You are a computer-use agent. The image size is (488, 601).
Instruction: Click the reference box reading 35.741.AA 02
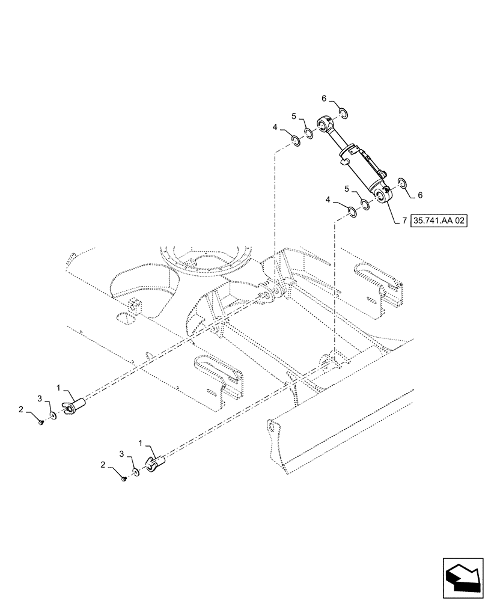point(439,221)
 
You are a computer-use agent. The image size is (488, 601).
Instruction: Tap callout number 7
point(404,221)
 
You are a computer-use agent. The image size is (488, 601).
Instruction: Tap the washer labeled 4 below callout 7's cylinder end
point(353,211)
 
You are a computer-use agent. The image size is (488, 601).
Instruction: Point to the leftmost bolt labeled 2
point(41,423)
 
